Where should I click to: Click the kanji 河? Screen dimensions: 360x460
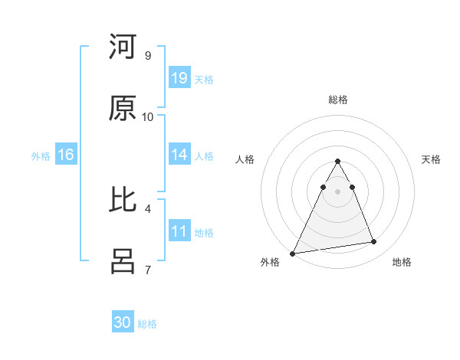123,47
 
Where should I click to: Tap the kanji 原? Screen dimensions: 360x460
123,108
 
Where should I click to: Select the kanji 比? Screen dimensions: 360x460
123,200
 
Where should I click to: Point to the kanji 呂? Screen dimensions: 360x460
123,261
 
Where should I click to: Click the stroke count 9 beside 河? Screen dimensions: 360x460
147,55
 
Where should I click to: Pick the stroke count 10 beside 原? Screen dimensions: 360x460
148,116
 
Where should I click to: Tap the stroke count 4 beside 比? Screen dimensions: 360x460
147,208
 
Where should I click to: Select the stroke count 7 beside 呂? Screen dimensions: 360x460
147,270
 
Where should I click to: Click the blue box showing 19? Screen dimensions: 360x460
179,78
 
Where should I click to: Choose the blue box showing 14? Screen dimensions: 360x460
179,155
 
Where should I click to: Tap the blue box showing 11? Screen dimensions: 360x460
179,231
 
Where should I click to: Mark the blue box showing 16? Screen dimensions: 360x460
65,155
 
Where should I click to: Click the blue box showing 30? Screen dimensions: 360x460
123,322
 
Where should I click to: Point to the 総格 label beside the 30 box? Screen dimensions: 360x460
147,324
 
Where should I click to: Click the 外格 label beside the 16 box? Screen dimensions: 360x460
41,156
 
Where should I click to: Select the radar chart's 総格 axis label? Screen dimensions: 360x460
337,100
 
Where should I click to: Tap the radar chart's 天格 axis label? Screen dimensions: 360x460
431,159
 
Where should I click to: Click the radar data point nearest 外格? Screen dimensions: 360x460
293,253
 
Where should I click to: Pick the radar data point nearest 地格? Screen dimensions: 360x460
374,242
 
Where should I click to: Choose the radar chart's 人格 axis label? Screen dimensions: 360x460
245,159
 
